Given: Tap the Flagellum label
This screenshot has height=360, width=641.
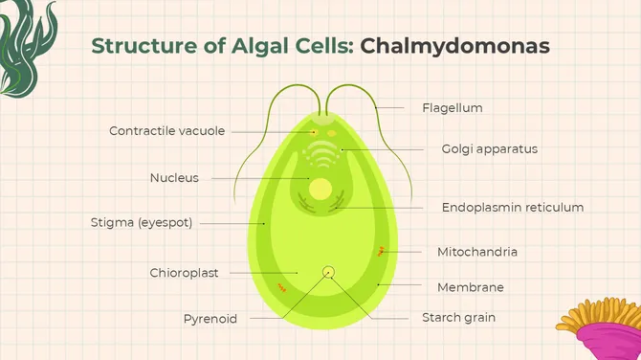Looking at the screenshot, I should pyautogui.click(x=452, y=108).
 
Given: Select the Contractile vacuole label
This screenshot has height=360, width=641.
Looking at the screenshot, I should pyautogui.click(x=166, y=131).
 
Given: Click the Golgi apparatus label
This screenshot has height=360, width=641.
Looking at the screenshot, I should pyautogui.click(x=489, y=148).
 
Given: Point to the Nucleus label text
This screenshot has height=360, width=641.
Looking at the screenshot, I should pyautogui.click(x=174, y=177).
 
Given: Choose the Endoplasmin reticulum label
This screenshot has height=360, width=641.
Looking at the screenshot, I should pyautogui.click(x=512, y=207).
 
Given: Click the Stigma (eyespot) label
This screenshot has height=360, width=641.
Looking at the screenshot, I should pyautogui.click(x=142, y=223).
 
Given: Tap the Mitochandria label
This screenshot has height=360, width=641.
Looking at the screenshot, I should pyautogui.click(x=477, y=252).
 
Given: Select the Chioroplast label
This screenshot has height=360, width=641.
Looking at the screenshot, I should pyautogui.click(x=184, y=273).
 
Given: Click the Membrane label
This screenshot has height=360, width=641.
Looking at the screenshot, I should pyautogui.click(x=470, y=286).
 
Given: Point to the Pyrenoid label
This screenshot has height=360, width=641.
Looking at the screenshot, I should pyautogui.click(x=210, y=319).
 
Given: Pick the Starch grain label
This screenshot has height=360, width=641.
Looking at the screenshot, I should pyautogui.click(x=458, y=317).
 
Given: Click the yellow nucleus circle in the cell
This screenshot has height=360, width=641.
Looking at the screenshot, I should pyautogui.click(x=320, y=188).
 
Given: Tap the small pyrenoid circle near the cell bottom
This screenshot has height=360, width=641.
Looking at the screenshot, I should pyautogui.click(x=328, y=272).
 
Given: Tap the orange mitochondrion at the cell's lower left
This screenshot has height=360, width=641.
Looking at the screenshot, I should pyautogui.click(x=281, y=286).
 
